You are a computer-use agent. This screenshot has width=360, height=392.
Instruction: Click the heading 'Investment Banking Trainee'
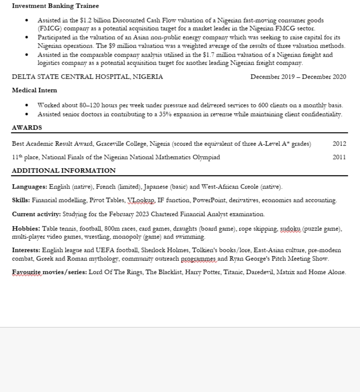click(55, 6)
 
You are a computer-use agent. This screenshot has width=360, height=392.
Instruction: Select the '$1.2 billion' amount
click(95, 20)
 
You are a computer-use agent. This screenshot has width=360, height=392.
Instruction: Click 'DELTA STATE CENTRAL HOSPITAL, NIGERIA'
click(87, 77)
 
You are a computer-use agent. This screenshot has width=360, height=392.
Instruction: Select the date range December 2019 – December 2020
click(298, 77)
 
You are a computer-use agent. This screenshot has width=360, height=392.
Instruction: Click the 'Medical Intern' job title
click(34, 90)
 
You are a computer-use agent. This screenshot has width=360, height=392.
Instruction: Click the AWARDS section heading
click(27, 128)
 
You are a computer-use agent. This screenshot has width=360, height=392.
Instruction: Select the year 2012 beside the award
click(339, 144)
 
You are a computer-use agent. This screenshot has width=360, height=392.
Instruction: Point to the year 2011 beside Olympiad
click(339, 157)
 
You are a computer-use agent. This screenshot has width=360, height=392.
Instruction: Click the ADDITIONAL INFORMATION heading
click(64, 171)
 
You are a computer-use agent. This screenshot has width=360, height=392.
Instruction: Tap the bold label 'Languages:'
click(30, 187)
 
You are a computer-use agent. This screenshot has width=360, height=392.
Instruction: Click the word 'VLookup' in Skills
click(141, 200)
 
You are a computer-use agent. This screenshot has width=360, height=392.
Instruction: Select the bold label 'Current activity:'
click(36, 214)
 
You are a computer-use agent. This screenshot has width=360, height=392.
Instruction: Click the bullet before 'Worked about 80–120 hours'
click(27, 105)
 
